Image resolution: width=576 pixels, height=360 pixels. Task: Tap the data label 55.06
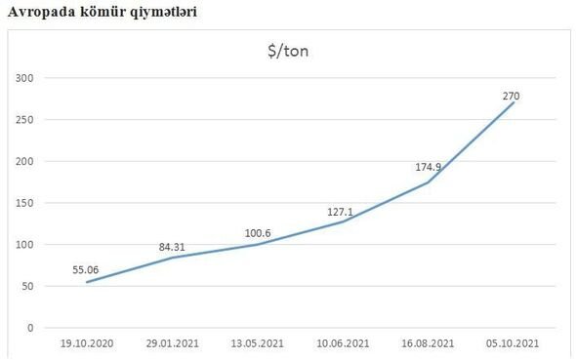tap(86, 268)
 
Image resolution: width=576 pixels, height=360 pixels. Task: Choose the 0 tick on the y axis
tap(30, 329)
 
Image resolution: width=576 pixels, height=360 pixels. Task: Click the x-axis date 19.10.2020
tap(86, 343)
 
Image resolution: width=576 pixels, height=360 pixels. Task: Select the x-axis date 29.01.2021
tap(172, 343)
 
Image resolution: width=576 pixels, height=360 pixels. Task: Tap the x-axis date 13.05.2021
tap(258, 343)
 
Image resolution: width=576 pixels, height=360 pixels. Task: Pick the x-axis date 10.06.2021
tap(344, 343)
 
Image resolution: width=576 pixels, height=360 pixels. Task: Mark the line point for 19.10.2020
tap(86, 283)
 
